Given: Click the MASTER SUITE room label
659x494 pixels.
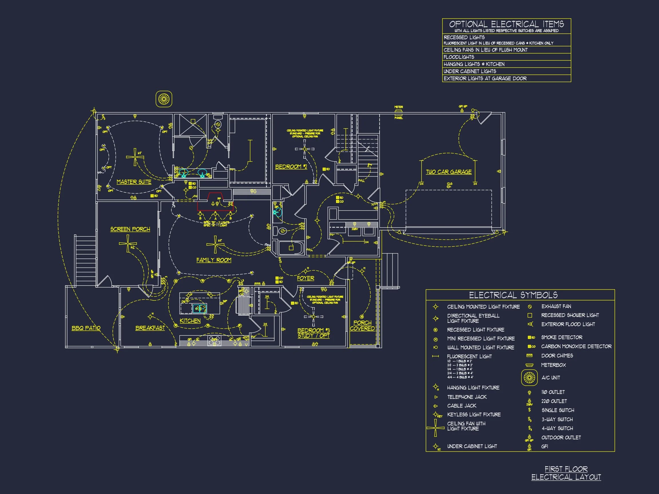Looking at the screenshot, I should tap(134, 182).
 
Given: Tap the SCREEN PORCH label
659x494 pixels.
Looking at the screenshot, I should tap(130, 229).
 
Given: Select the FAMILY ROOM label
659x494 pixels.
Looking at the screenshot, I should tap(214, 260).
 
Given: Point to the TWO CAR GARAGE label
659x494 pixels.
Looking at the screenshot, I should tap(449, 172).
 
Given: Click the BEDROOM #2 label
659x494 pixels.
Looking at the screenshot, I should tap(291, 167).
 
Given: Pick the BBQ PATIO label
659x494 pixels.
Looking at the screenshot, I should tap(86, 328).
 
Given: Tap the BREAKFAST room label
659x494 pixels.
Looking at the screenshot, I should tap(150, 328).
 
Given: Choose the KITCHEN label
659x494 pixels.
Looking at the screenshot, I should tap(190, 321).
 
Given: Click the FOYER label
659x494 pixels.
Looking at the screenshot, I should tap(305, 278).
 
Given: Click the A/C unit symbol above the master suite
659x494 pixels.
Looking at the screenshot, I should tap(164, 99).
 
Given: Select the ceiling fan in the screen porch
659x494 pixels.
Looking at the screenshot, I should tap(128, 243).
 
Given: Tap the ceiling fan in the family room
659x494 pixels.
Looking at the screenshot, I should tap(215, 244).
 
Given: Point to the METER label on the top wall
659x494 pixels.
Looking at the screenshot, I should tap(399, 107).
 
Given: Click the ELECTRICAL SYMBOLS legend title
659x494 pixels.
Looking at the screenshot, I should tap(513, 295).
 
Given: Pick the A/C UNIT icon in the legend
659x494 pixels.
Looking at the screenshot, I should tap(529, 378).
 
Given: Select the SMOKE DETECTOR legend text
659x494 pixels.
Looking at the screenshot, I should tap(561, 337).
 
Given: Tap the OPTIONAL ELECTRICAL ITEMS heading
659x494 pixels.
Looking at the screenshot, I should tap(507, 24).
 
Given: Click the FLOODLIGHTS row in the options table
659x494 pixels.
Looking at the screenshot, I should tap(459, 57).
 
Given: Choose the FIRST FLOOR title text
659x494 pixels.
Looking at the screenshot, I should tap(566, 469).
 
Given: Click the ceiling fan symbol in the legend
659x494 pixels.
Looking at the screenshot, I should tap(436, 428).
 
